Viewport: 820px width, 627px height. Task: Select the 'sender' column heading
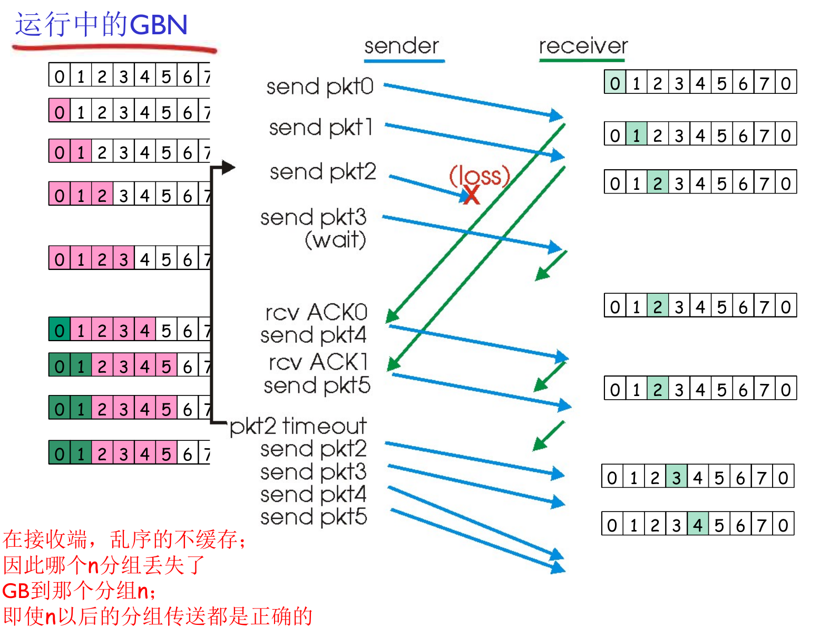coord(402,46)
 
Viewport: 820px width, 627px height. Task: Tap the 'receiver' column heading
coord(583,46)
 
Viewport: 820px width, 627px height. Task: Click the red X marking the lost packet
coord(472,195)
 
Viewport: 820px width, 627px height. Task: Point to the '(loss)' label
coord(480,175)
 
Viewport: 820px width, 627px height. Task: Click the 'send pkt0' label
coord(319,86)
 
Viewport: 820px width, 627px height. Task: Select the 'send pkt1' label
coord(320,128)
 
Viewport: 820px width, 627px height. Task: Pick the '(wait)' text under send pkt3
coord(335,240)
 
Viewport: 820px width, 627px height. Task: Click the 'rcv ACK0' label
coord(316,312)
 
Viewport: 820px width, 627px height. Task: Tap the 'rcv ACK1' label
coord(318,362)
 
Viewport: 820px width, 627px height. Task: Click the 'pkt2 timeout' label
coord(298,426)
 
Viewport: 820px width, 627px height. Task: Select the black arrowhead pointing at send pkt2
coord(228,168)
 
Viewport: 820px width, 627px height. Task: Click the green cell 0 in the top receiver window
coord(615,83)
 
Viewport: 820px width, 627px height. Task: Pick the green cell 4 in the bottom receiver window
coord(698,525)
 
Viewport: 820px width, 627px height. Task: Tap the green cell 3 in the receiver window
coord(676,477)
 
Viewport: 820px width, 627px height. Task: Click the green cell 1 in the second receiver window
coord(637,135)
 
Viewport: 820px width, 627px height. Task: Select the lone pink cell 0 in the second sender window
coord(60,112)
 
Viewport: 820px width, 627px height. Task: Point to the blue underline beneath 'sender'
coord(404,61)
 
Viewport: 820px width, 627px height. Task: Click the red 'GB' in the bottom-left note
coord(16,591)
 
